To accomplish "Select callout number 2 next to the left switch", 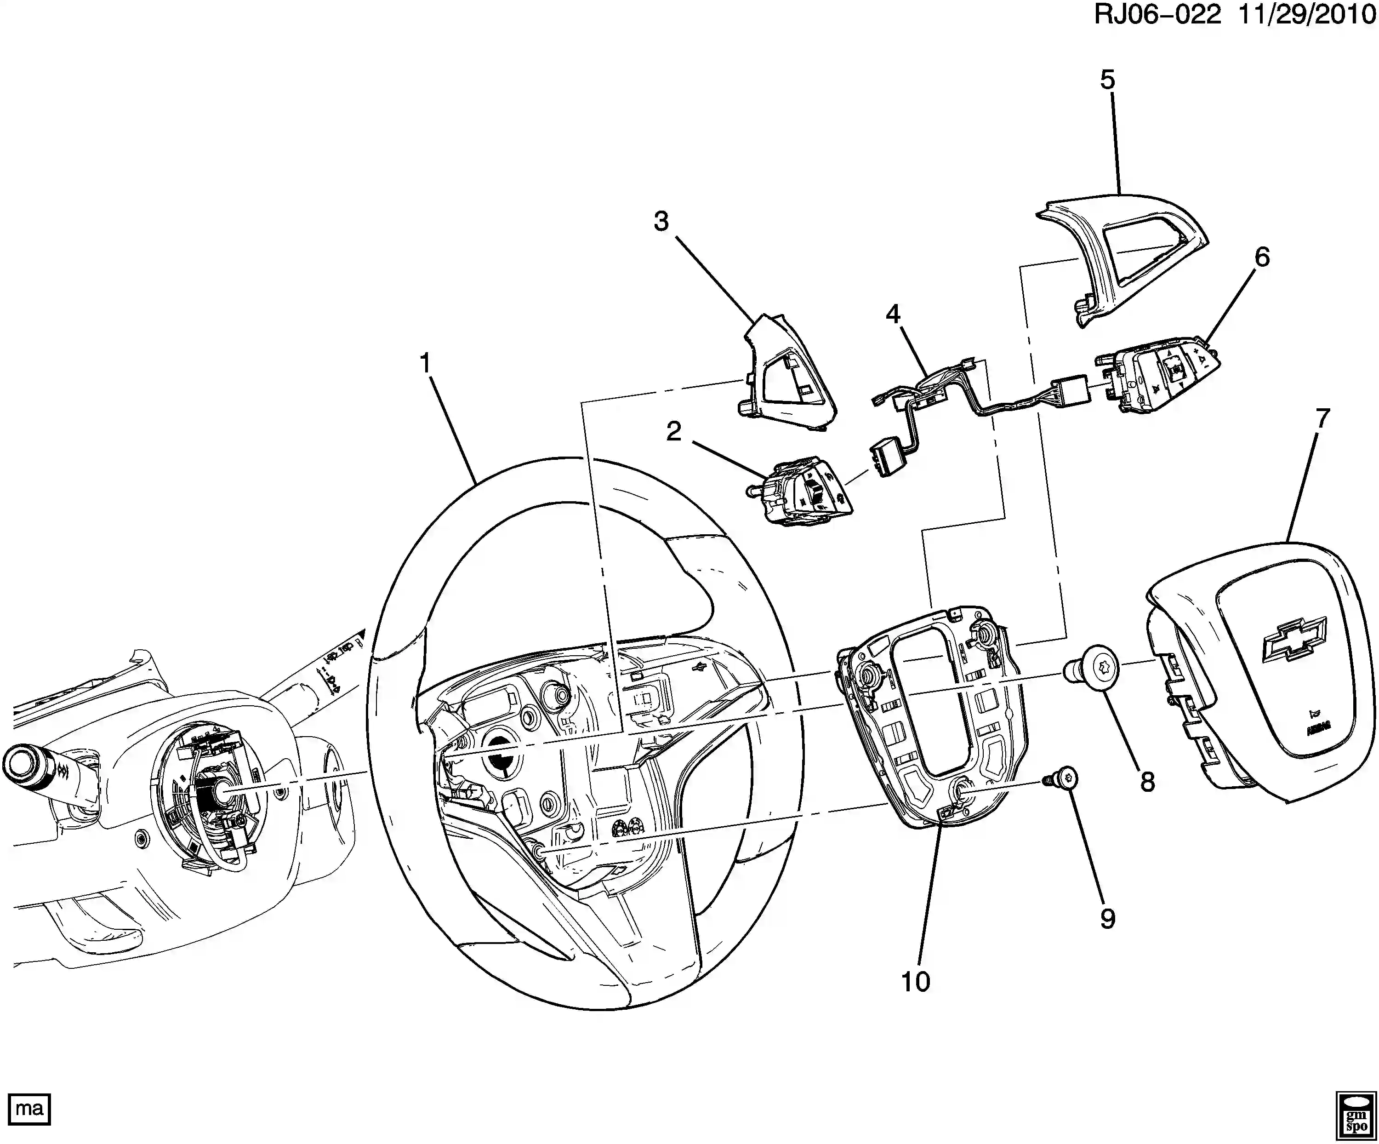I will [x=674, y=431].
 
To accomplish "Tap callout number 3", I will [x=661, y=221].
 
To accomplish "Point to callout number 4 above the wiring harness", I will [x=893, y=315].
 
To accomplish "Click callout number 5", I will [x=1107, y=80].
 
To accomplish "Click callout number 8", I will [x=1147, y=782].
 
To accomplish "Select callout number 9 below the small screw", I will [x=1107, y=919].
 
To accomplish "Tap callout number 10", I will [x=915, y=982].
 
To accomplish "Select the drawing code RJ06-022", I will [x=1157, y=14].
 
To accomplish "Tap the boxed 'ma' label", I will [x=29, y=1109].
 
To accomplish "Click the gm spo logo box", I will [x=1356, y=1116].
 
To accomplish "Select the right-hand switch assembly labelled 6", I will [x=1156, y=381].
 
